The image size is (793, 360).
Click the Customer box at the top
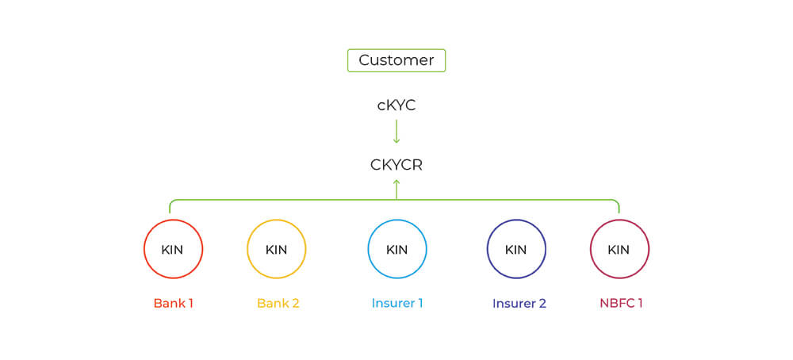(x=396, y=60)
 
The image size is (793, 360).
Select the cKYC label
(x=396, y=105)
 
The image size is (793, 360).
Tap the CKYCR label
(x=396, y=165)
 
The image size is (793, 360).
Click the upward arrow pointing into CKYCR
(x=396, y=189)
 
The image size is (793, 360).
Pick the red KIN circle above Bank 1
(x=173, y=249)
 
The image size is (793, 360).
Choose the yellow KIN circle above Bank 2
(x=277, y=249)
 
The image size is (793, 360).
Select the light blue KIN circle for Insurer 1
(x=397, y=249)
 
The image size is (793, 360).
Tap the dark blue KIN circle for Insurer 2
(x=516, y=249)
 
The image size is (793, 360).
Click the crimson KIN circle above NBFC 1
(x=619, y=249)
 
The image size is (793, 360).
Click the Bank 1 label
(x=174, y=303)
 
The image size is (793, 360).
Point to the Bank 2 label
(x=278, y=303)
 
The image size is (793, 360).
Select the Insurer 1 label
(x=397, y=303)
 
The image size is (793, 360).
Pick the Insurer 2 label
(x=519, y=303)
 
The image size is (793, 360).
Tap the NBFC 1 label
(x=621, y=303)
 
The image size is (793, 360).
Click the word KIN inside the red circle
(x=172, y=250)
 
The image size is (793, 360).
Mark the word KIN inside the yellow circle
(x=277, y=250)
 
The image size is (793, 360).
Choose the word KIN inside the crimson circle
(x=619, y=250)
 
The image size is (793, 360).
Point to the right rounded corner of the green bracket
(x=617, y=202)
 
